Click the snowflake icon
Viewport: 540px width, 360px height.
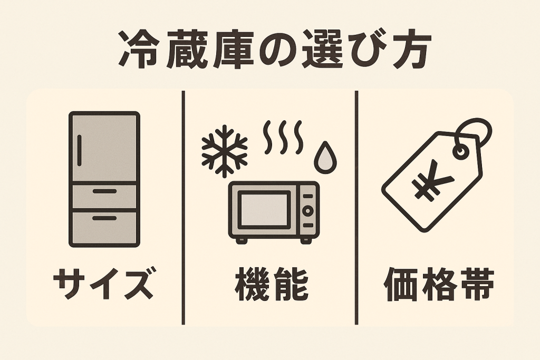pos(224,151)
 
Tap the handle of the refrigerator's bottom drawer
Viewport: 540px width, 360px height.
pos(104,217)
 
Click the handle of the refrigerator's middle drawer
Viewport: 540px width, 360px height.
pos(104,191)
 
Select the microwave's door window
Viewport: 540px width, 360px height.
pos(264,209)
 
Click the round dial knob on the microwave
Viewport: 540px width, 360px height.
pos(307,209)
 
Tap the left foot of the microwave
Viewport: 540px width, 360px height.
pos(241,240)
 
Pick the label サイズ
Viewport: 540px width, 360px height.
pos(105,286)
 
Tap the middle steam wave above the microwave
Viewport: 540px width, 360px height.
pos(283,137)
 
